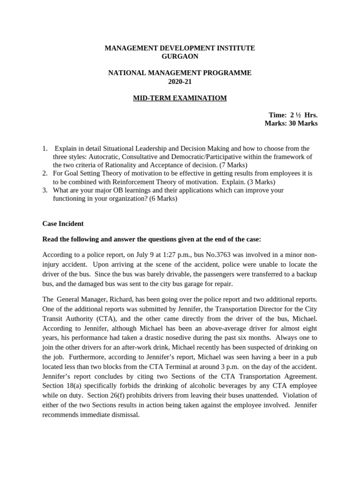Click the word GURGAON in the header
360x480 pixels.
click(x=180, y=57)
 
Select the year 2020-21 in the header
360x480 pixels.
click(x=180, y=82)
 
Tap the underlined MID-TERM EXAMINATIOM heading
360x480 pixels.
click(x=180, y=98)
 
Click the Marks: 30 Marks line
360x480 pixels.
click(x=291, y=124)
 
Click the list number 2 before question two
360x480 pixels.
click(x=45, y=173)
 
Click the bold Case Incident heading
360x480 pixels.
click(x=63, y=224)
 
